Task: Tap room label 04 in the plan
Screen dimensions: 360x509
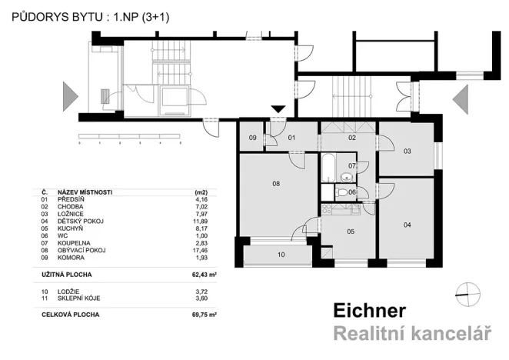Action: pyautogui.click(x=407, y=224)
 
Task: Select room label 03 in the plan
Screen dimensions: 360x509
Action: pyautogui.click(x=407, y=151)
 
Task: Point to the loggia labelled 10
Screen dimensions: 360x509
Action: pyautogui.click(x=281, y=254)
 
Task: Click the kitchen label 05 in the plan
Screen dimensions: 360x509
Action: pyautogui.click(x=350, y=231)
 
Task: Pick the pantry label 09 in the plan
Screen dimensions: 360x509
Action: pyautogui.click(x=253, y=138)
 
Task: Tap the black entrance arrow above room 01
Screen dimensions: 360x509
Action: pyautogui.click(x=278, y=110)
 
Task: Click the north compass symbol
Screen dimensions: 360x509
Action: pyautogui.click(x=467, y=290)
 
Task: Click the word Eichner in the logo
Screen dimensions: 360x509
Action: pyautogui.click(x=369, y=311)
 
